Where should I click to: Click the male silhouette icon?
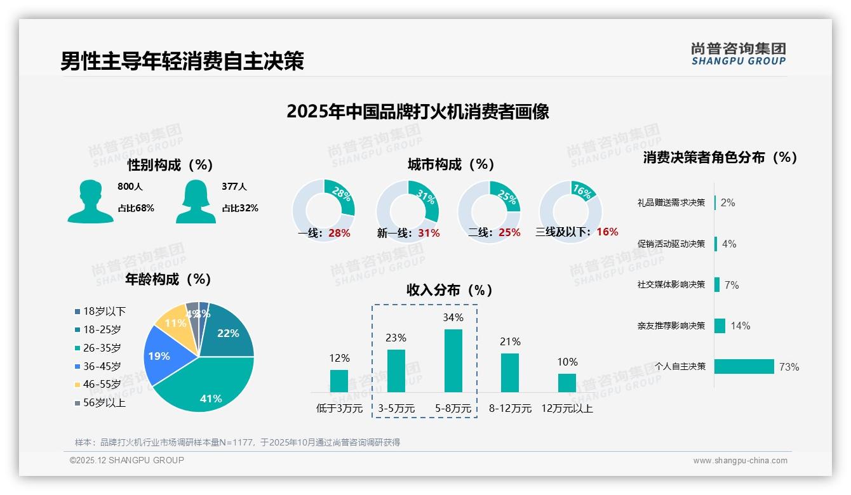coord(90,201)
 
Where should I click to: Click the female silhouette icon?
coord(196,201)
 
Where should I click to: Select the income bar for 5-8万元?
coord(453,360)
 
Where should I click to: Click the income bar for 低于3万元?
coord(339,381)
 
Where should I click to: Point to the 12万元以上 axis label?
coord(566,409)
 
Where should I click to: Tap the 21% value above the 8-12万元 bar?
coord(510,342)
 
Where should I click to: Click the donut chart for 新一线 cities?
coord(408,211)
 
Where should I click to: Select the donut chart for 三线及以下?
coord(570,211)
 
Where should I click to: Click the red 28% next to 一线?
coord(339,233)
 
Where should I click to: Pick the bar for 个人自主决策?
coord(744,367)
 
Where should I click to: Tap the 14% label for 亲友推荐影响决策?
coord(740,326)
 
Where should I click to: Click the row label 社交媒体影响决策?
coord(671,285)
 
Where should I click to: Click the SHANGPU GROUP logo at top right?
coord(738,54)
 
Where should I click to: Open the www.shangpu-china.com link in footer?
coord(740,461)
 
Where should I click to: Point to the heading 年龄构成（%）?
coord(168,279)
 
